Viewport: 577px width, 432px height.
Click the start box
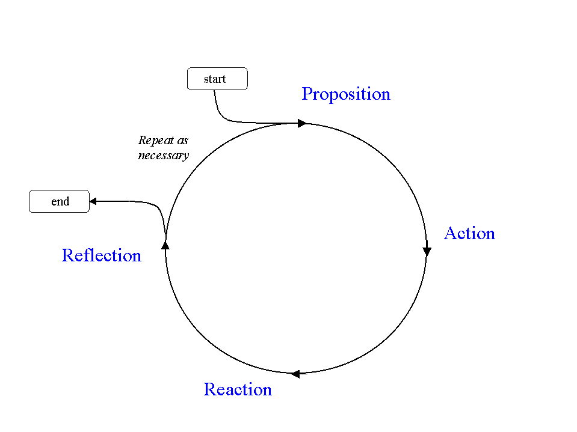[217, 79]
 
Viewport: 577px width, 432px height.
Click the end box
[59, 201]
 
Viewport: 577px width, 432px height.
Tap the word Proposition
[346, 94]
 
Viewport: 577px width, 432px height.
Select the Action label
[469, 233]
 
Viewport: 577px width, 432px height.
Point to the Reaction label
[238, 389]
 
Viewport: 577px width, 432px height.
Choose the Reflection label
[101, 255]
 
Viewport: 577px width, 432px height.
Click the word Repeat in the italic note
[155, 141]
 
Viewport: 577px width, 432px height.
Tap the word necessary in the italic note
[163, 155]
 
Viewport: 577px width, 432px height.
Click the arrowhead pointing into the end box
[93, 201]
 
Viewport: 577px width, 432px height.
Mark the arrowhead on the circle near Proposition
[302, 123]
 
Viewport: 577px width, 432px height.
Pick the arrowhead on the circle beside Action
[427, 251]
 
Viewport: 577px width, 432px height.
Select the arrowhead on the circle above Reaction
[295, 374]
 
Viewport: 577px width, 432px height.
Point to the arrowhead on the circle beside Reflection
[165, 245]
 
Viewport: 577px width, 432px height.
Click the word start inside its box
[215, 79]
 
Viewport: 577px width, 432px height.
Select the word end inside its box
[60, 202]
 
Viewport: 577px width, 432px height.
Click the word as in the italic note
[182, 141]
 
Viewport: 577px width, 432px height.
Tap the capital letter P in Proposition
[307, 94]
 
